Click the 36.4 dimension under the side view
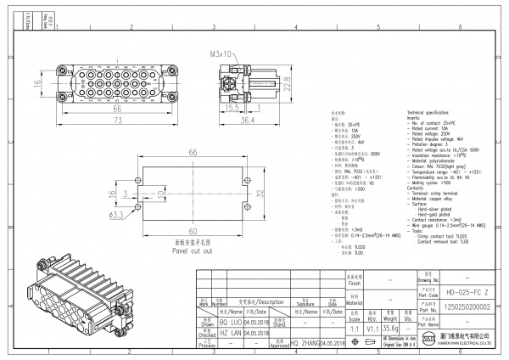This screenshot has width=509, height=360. tap(247, 121)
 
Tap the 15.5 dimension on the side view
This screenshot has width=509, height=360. tap(230, 110)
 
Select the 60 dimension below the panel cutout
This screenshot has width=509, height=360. tap(193, 231)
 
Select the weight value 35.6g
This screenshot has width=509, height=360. tap(391, 326)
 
